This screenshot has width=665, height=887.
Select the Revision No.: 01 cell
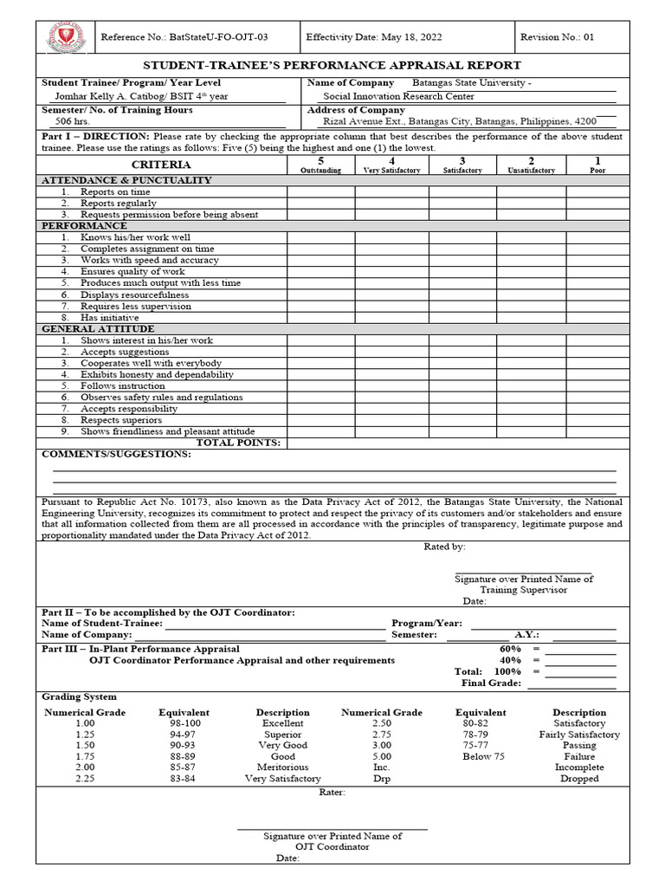(x=557, y=37)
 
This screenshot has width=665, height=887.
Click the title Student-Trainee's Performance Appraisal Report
(x=332, y=65)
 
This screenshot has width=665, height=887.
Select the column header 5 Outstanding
(x=320, y=165)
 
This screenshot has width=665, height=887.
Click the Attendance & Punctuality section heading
(x=126, y=180)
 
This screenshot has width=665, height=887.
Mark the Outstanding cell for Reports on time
(x=320, y=191)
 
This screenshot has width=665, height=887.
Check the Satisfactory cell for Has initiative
(x=462, y=317)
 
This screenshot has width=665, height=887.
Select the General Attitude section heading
(x=98, y=329)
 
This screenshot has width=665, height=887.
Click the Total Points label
(x=238, y=443)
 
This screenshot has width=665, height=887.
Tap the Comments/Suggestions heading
(x=116, y=454)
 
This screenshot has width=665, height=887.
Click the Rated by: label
(x=444, y=547)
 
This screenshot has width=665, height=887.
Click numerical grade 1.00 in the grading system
(x=85, y=723)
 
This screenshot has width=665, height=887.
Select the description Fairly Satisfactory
(x=579, y=735)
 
